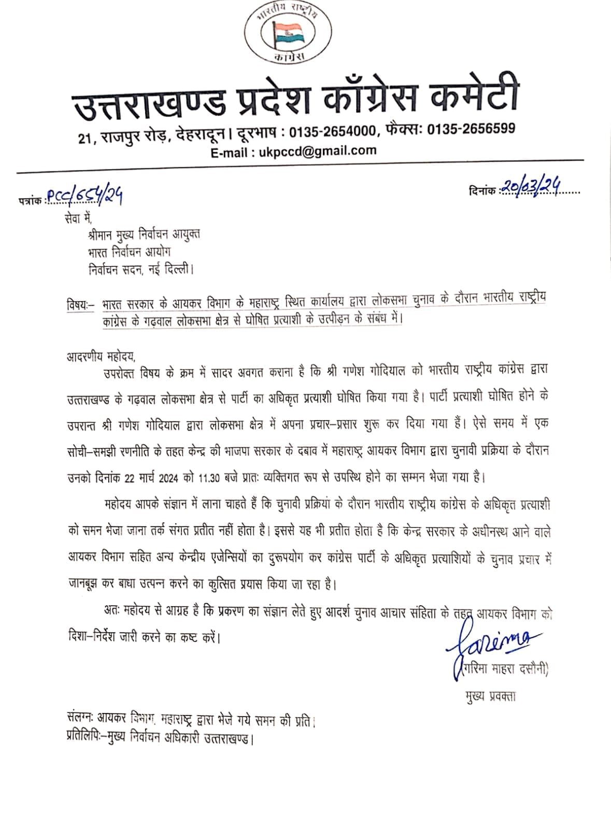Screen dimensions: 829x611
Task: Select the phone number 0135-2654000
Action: (333, 132)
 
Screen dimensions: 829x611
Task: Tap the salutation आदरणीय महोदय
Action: (101, 356)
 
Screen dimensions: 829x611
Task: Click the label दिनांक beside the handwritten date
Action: (481, 191)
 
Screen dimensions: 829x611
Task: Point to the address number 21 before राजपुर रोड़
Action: (85, 138)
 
